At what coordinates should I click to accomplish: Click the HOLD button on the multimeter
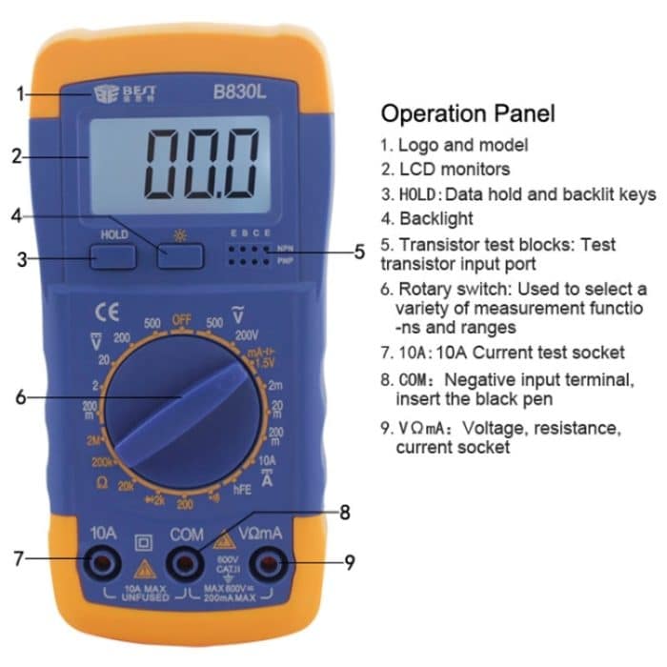113,255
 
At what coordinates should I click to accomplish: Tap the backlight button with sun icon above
181,255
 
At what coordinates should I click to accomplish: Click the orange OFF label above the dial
181,320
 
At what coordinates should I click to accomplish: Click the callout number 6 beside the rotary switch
20,398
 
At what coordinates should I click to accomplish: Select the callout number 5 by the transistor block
359,253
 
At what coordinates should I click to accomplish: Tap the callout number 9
350,562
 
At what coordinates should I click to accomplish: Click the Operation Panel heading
468,114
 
